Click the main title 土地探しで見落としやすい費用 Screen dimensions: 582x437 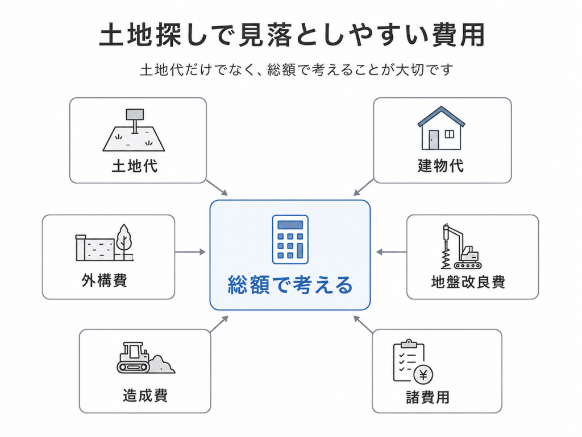pos(292,35)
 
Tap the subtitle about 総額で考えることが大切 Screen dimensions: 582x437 pos(297,69)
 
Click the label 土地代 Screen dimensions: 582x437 pos(135,166)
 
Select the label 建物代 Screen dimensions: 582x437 pos(440,166)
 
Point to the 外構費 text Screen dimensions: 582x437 pos(105,280)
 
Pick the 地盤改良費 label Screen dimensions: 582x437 pos(468,282)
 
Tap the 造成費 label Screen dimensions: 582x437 pos(145,395)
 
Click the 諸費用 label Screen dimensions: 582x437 pos(427,397)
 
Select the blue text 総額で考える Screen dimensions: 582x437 pos(290,285)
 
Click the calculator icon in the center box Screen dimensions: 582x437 pos(290,240)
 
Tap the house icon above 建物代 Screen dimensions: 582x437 pos(441,128)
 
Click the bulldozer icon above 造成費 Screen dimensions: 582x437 pos(145,358)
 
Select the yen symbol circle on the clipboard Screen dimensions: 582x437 pos(423,375)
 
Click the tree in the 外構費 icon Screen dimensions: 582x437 pos(123,241)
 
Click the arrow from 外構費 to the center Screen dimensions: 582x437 pos(190,252)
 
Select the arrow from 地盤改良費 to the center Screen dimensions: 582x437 pos(391,252)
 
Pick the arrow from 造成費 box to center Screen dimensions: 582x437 pos(219,324)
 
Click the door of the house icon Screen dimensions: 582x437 pos(434,140)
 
